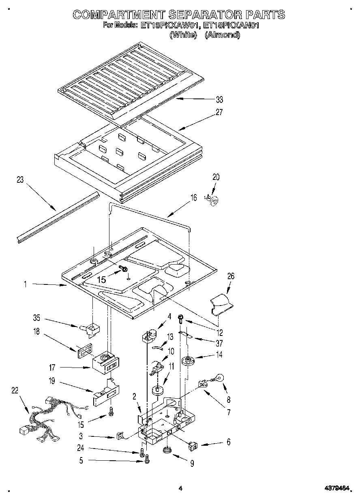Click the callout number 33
click(x=219, y=100)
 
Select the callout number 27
click(x=219, y=112)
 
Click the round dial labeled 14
click(x=188, y=360)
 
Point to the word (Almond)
click(x=223, y=35)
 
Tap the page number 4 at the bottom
click(x=180, y=489)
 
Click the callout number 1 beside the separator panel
click(x=25, y=284)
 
